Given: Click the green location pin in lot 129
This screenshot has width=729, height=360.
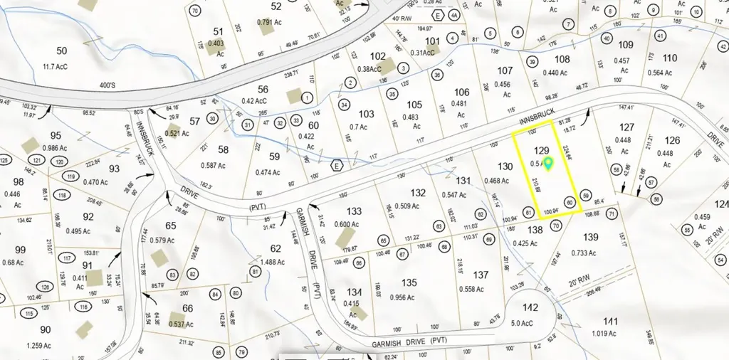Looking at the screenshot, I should coord(547,164).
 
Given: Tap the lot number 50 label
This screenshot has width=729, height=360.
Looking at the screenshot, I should coord(62,51).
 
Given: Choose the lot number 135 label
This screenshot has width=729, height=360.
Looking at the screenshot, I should coord(409,282).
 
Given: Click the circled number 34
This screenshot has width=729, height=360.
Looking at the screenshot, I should coord(344,105).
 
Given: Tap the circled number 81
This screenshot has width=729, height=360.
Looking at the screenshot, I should coord(256,271).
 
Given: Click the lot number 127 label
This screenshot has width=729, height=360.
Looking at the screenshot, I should coord(626,127).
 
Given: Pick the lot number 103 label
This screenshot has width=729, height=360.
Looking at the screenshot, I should coord(367,114).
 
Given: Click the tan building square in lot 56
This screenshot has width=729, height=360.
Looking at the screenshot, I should coord(293,95).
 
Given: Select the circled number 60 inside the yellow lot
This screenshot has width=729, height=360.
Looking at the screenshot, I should coord(570,202).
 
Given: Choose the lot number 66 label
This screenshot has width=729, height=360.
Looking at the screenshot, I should coord(188,308).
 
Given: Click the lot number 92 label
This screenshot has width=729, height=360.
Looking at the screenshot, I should coord(88,216).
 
